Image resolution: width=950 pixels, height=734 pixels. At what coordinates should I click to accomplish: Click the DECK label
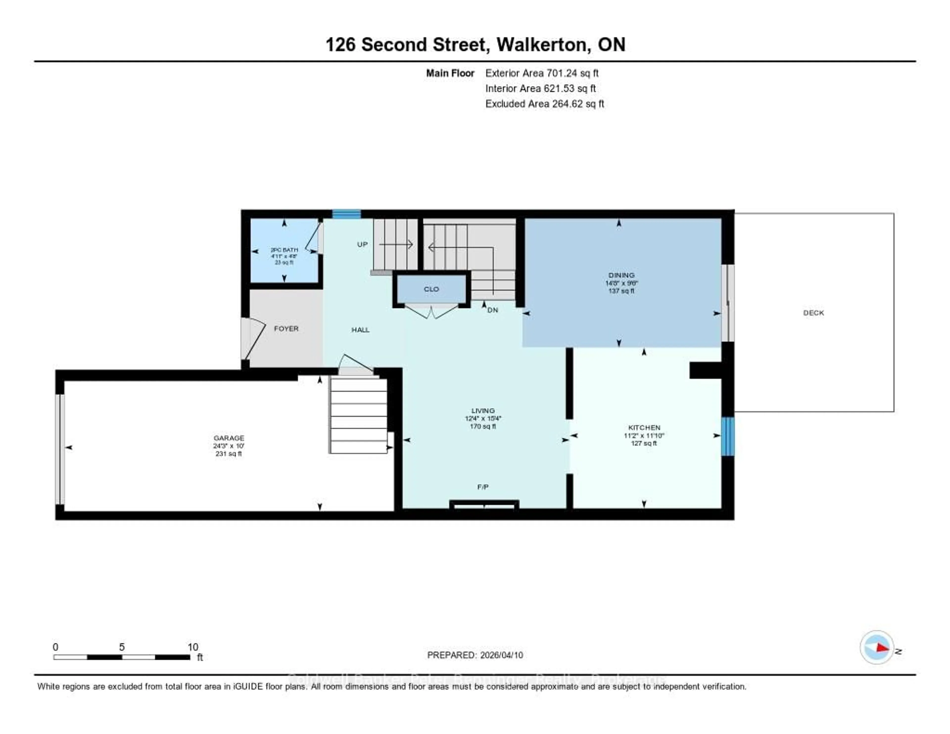click(x=813, y=313)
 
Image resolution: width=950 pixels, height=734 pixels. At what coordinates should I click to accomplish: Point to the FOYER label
click(x=286, y=328)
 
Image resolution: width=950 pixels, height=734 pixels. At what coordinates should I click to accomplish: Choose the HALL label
click(x=360, y=330)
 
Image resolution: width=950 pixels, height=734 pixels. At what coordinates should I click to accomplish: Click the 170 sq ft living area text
click(x=483, y=426)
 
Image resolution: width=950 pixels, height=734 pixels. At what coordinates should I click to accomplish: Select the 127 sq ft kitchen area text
click(x=644, y=443)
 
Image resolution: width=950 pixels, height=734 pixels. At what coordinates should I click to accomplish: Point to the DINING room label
click(x=621, y=275)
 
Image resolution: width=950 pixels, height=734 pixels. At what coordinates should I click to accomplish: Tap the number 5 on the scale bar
click(x=122, y=647)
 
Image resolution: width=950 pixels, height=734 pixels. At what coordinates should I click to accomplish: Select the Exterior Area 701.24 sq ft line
click(x=542, y=73)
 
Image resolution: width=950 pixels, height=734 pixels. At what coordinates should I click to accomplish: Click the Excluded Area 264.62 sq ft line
click(x=544, y=103)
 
